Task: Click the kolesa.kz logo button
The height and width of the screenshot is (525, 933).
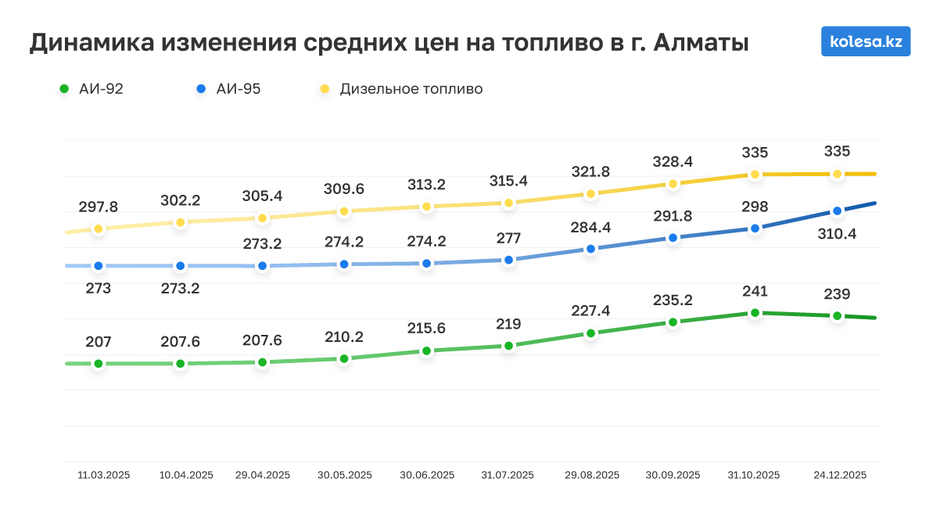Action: (866, 41)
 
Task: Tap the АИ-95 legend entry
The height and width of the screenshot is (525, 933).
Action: (229, 89)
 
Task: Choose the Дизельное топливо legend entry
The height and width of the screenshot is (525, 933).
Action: (402, 89)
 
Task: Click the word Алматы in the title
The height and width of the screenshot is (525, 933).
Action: (701, 43)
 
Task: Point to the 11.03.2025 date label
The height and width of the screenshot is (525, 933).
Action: (104, 475)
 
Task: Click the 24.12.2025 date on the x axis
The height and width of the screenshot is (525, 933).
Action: (840, 475)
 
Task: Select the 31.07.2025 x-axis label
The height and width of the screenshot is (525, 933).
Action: (508, 475)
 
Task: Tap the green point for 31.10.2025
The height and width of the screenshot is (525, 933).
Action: (755, 313)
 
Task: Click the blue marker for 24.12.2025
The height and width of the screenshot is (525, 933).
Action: (837, 211)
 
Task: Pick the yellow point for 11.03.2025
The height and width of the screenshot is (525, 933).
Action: (98, 228)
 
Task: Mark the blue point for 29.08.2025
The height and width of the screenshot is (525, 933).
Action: (590, 249)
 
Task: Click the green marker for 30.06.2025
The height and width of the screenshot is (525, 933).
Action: (426, 351)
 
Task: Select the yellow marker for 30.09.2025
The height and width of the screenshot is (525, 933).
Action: (673, 184)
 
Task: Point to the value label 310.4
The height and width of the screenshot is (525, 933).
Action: (837, 232)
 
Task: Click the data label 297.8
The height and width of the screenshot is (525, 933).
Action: (98, 207)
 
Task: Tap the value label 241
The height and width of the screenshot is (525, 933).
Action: (755, 291)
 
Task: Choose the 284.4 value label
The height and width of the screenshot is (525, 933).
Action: (590, 227)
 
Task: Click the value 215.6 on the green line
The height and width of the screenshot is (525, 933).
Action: (426, 329)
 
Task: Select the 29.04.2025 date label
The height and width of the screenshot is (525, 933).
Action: (263, 475)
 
